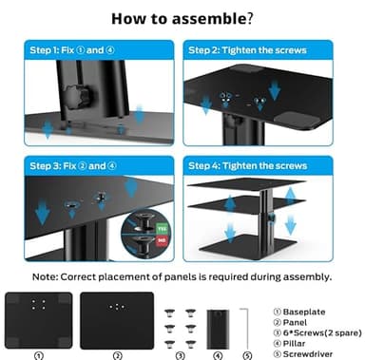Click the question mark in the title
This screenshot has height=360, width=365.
tap(250, 18)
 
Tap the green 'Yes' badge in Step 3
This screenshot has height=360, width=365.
tap(163, 230)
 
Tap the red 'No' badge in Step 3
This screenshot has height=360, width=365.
tap(163, 249)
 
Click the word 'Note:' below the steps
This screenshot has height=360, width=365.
tap(51, 277)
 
